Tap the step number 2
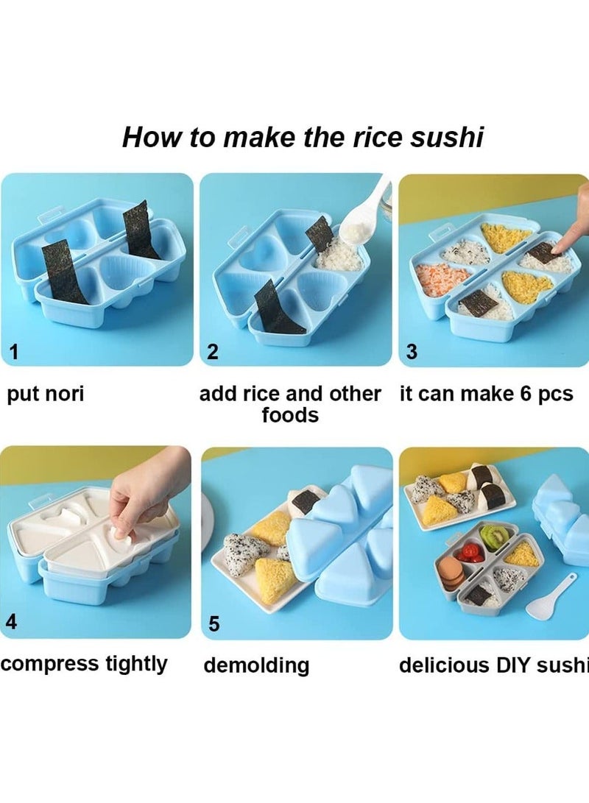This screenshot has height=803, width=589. (212, 352)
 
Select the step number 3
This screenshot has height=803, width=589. (412, 352)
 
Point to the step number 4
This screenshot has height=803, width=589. (12, 622)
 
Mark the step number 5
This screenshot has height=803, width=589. (214, 624)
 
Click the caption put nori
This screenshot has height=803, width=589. (46, 394)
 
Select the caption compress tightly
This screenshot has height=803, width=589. (84, 664)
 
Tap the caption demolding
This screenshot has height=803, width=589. (256, 665)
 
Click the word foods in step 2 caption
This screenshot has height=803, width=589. (290, 416)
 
